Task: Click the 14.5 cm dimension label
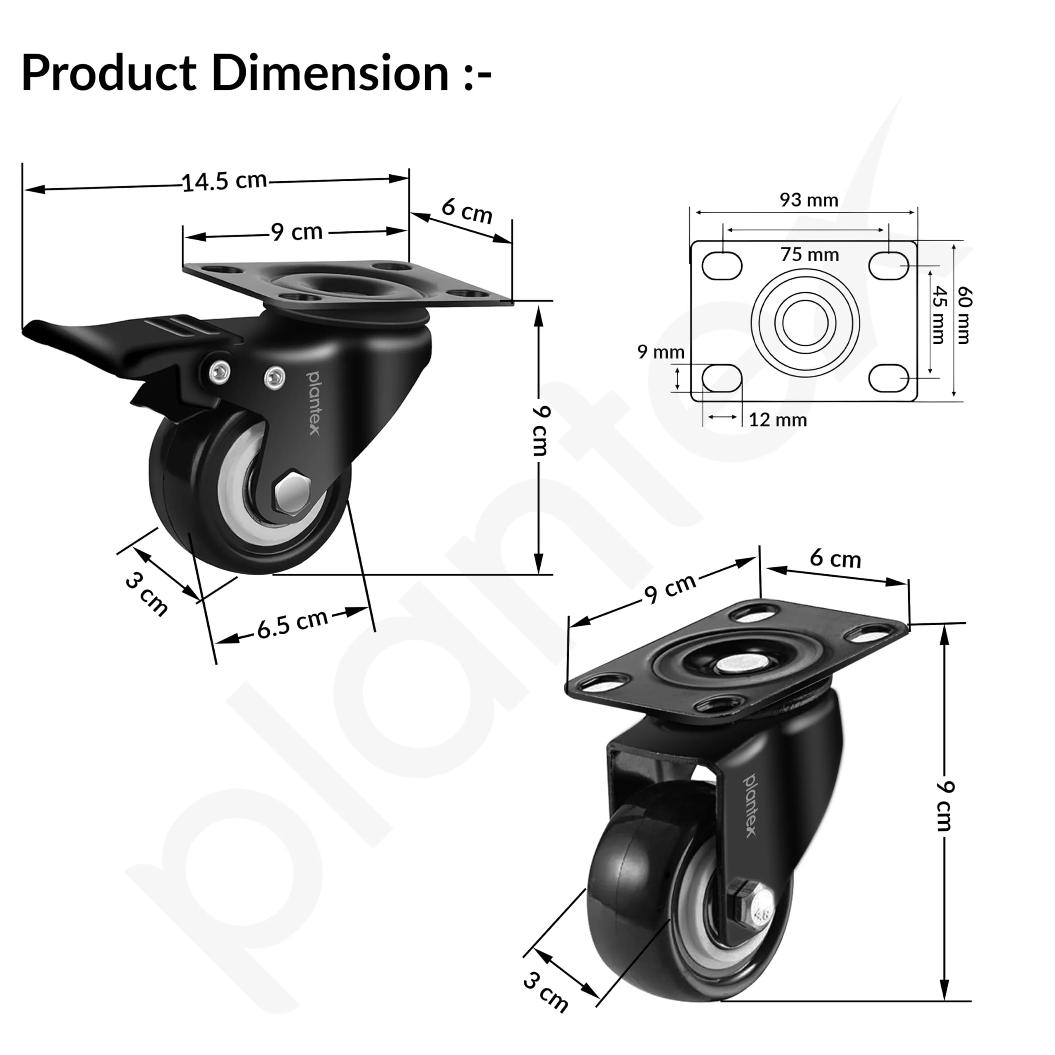click(x=225, y=181)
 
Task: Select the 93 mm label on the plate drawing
click(x=809, y=200)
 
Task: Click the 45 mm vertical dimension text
click(x=937, y=315)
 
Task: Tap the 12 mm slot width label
click(x=778, y=420)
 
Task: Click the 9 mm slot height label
click(x=661, y=352)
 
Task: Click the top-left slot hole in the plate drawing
click(x=722, y=266)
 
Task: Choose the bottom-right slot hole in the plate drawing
click(x=889, y=378)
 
